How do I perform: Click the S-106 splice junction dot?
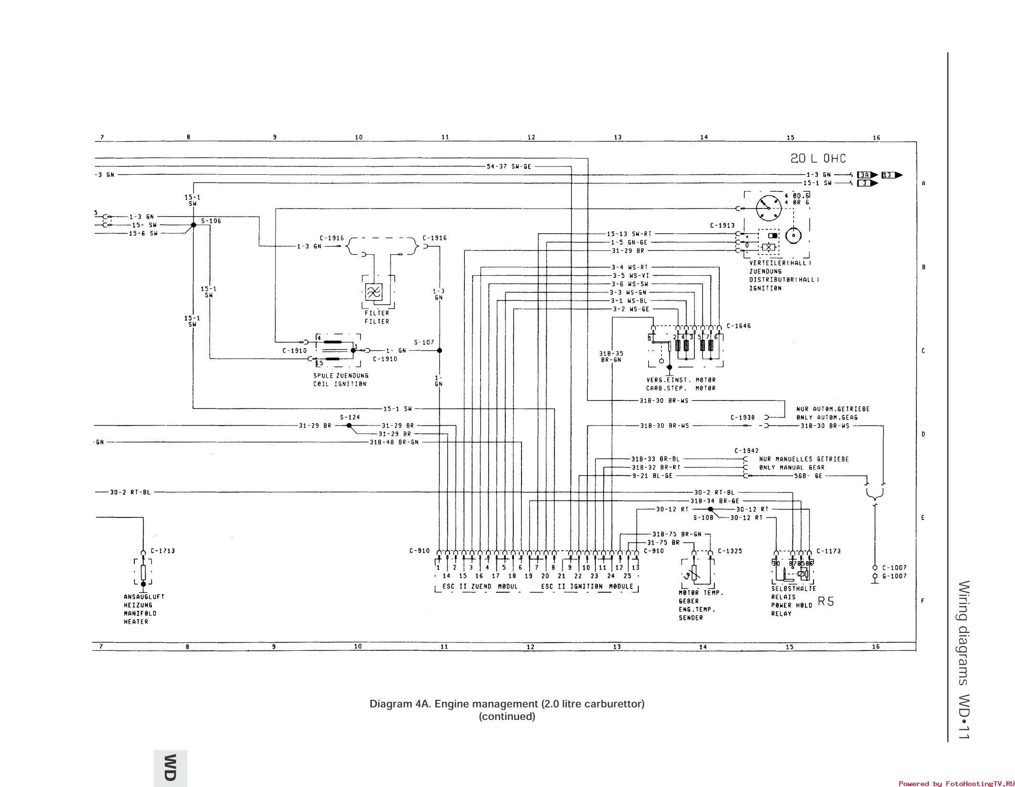pos(193,225)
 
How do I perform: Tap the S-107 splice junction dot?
pos(440,350)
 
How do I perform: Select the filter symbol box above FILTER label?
pos(374,291)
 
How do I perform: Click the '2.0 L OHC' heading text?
pos(818,159)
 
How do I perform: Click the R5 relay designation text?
pos(826,601)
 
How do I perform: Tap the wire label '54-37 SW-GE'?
pos(509,167)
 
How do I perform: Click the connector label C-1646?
pos(739,326)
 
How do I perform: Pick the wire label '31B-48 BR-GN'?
pos(393,442)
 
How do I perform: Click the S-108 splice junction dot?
pos(710,509)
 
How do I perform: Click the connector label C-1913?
pos(722,225)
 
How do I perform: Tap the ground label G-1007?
pos(894,576)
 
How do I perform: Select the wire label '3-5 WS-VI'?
pos(631,276)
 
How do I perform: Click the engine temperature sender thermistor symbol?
pos(694,573)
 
